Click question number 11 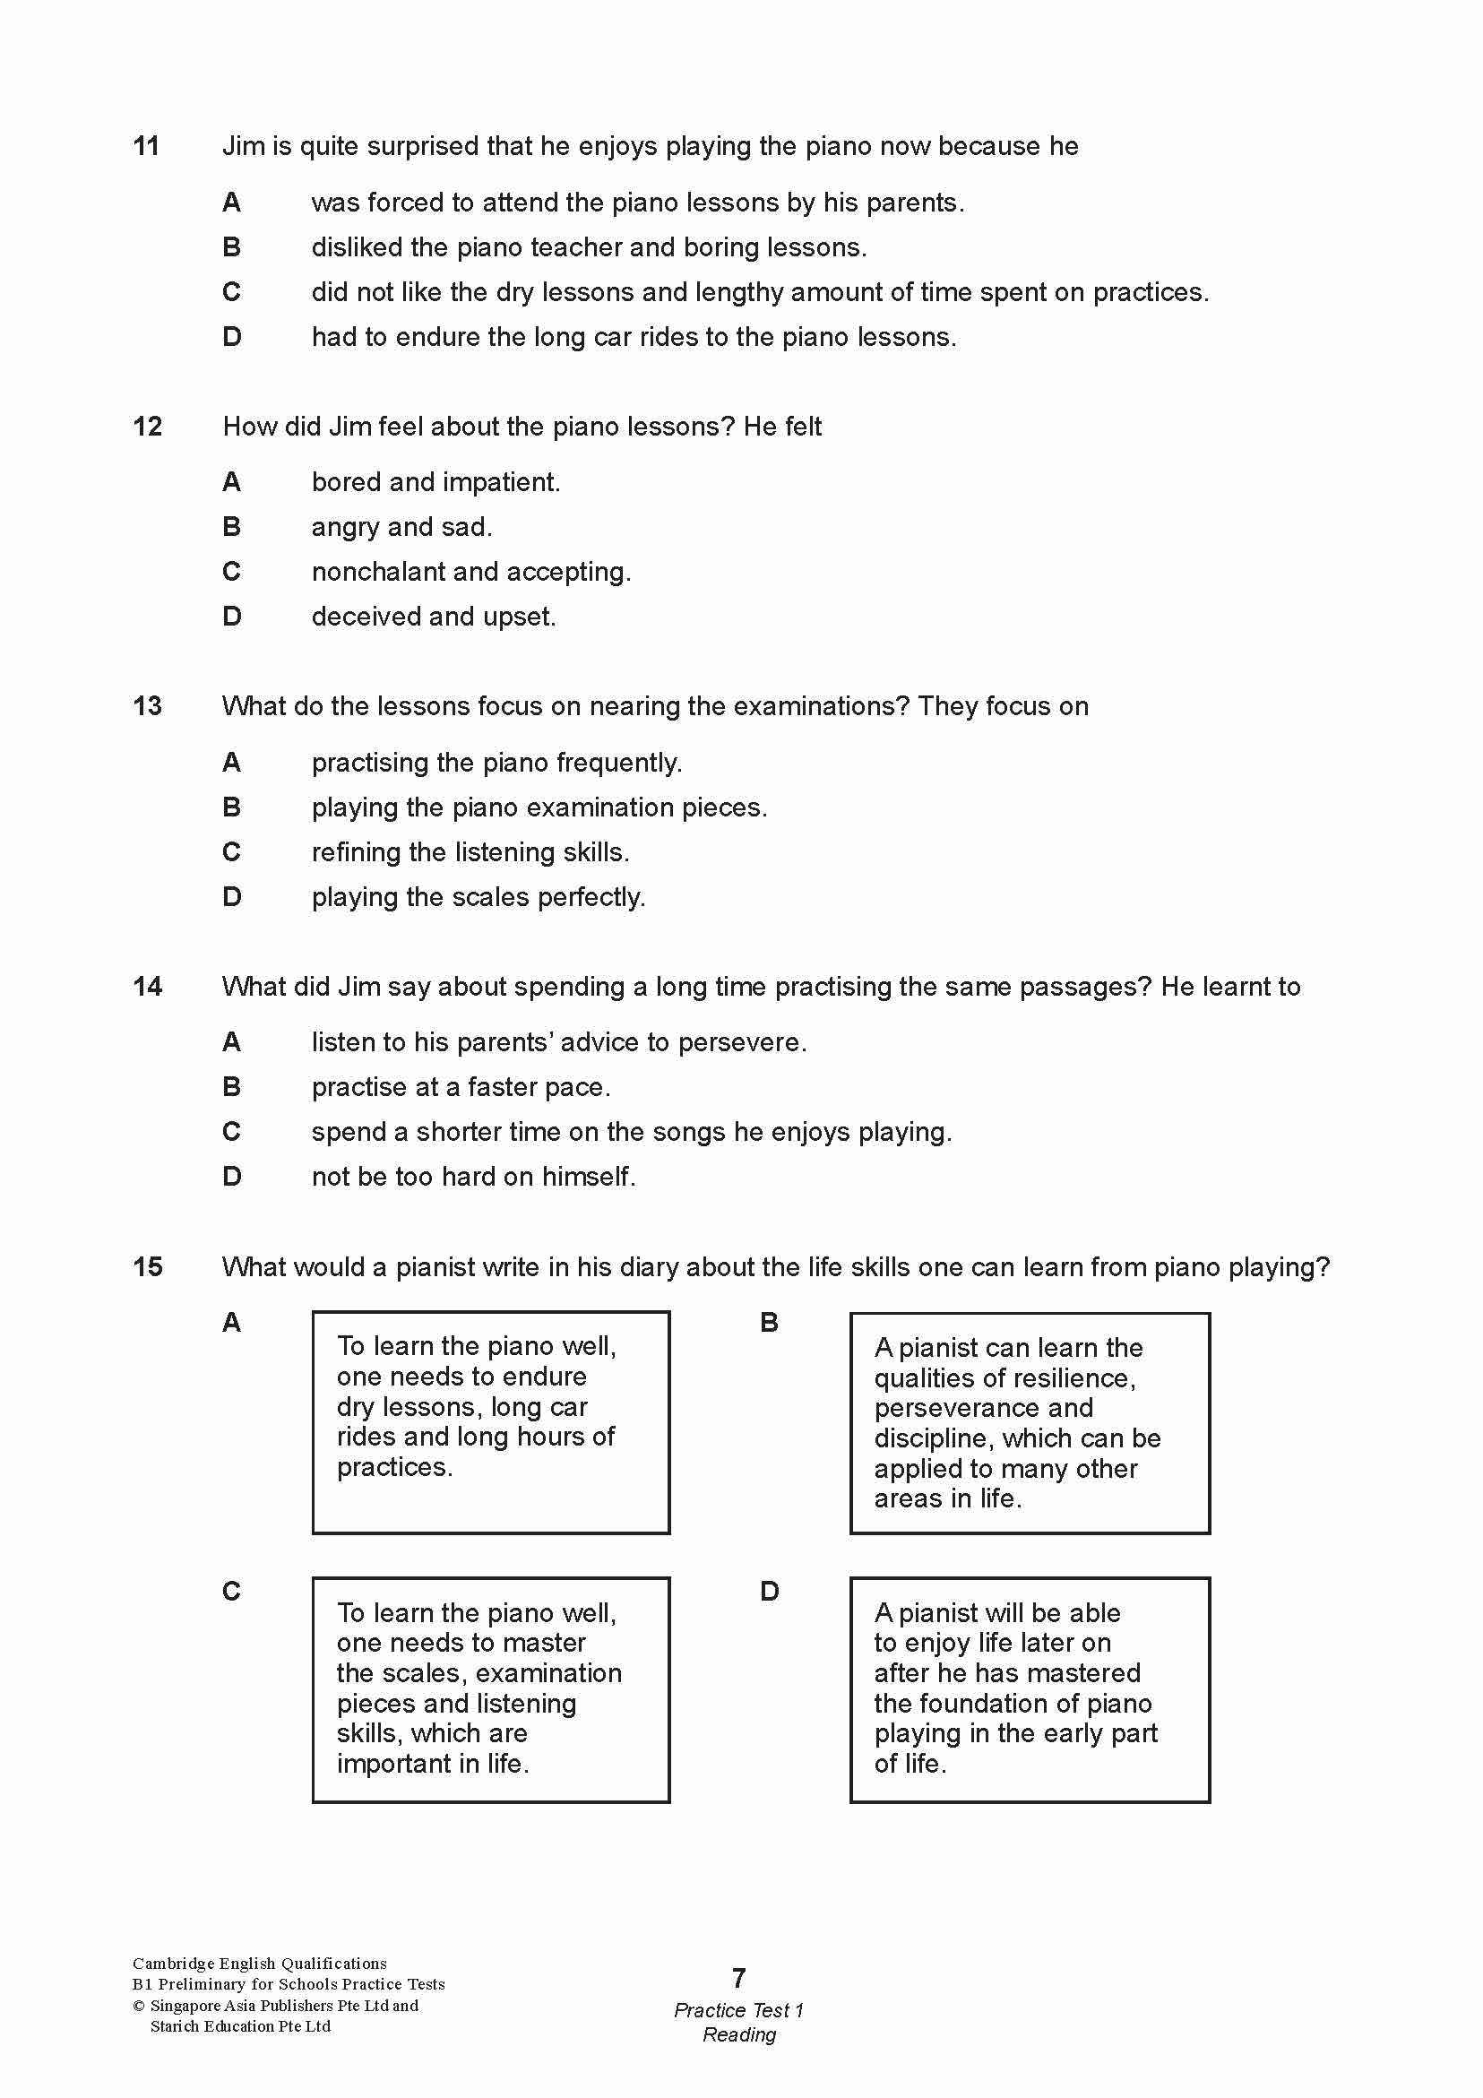tap(146, 146)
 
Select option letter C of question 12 tap(232, 572)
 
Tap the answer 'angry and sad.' tap(401, 527)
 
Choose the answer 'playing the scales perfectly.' tap(478, 897)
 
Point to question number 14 tap(147, 987)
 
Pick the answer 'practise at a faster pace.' tap(461, 1087)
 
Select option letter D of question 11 tap(232, 337)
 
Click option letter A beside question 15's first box tap(232, 1322)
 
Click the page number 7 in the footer tap(739, 1978)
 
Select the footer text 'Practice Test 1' tap(739, 2010)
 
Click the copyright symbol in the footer tap(139, 2006)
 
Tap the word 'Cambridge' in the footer tap(173, 1964)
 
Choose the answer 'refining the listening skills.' tap(470, 852)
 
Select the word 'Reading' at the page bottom tap(739, 2035)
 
